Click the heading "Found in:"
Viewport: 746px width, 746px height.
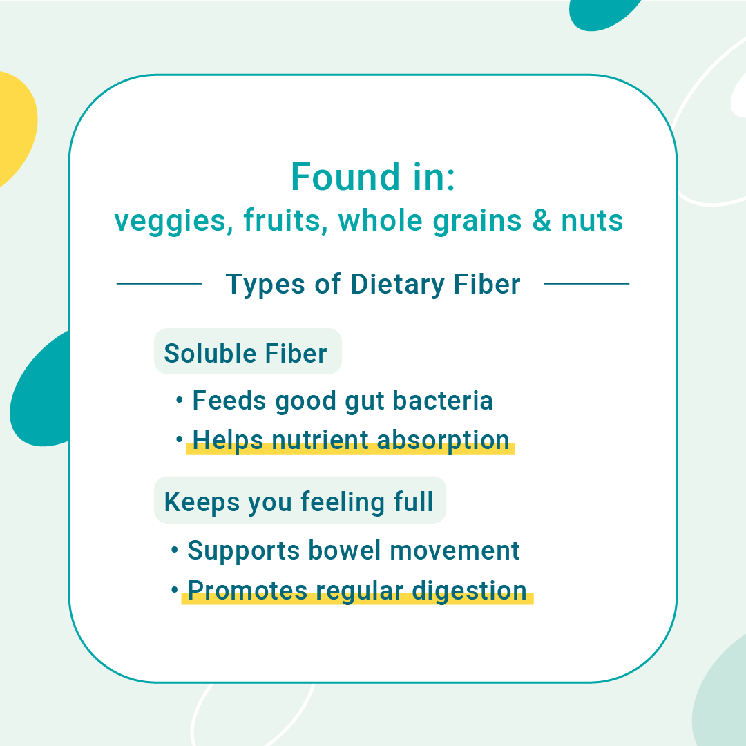(x=373, y=177)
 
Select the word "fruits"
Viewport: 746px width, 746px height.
(x=285, y=220)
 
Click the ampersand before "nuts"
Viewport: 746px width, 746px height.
(x=542, y=220)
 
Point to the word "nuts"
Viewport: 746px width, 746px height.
(x=592, y=221)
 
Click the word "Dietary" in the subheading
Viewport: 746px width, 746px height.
(x=396, y=285)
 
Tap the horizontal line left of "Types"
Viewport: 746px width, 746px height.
(x=159, y=284)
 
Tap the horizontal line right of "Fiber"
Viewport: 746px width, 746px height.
(x=586, y=284)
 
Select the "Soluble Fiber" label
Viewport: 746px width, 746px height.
(x=245, y=353)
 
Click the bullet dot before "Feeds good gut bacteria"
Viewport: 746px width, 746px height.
(x=179, y=400)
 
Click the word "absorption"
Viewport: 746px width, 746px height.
(x=443, y=441)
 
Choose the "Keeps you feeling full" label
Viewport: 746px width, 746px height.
(x=299, y=502)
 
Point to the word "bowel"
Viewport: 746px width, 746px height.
(x=345, y=551)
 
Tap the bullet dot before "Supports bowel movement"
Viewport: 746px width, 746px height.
(x=175, y=551)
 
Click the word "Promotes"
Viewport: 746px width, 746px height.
(x=247, y=591)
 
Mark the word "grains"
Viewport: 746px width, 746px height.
(x=477, y=222)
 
